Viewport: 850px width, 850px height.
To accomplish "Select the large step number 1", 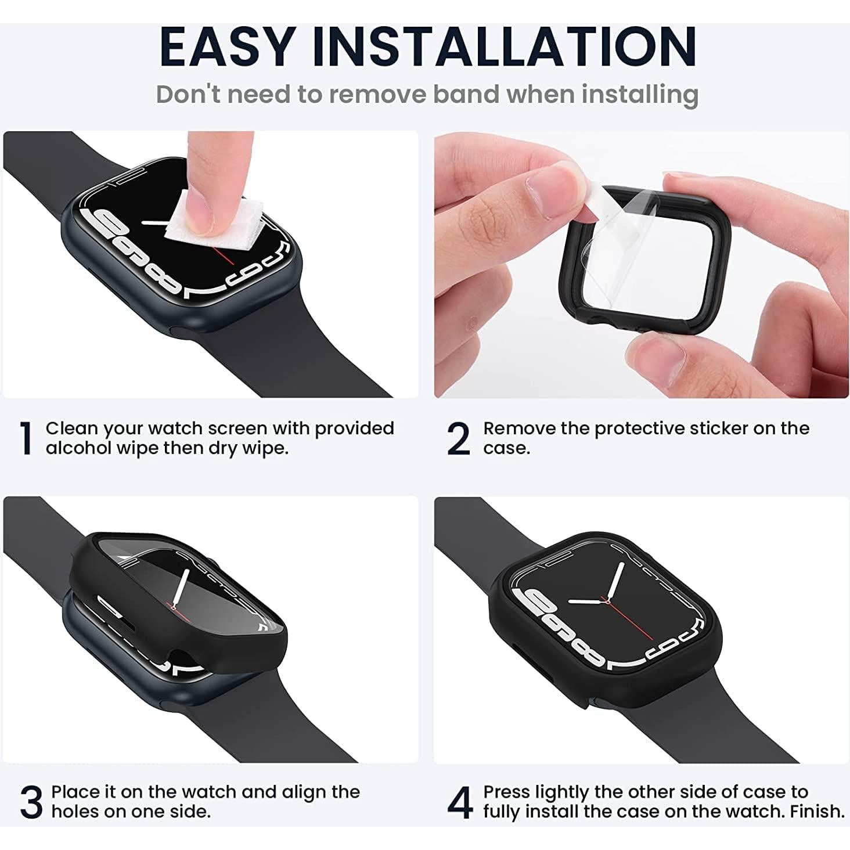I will pyautogui.click(x=25, y=439).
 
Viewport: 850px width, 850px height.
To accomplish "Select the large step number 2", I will pyautogui.click(x=459, y=439).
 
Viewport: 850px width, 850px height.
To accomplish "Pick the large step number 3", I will pyautogui.click(x=31, y=802).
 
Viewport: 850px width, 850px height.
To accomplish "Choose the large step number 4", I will pyautogui.click(x=460, y=802).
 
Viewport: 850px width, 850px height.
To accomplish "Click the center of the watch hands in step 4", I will pyautogui.click(x=607, y=602).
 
